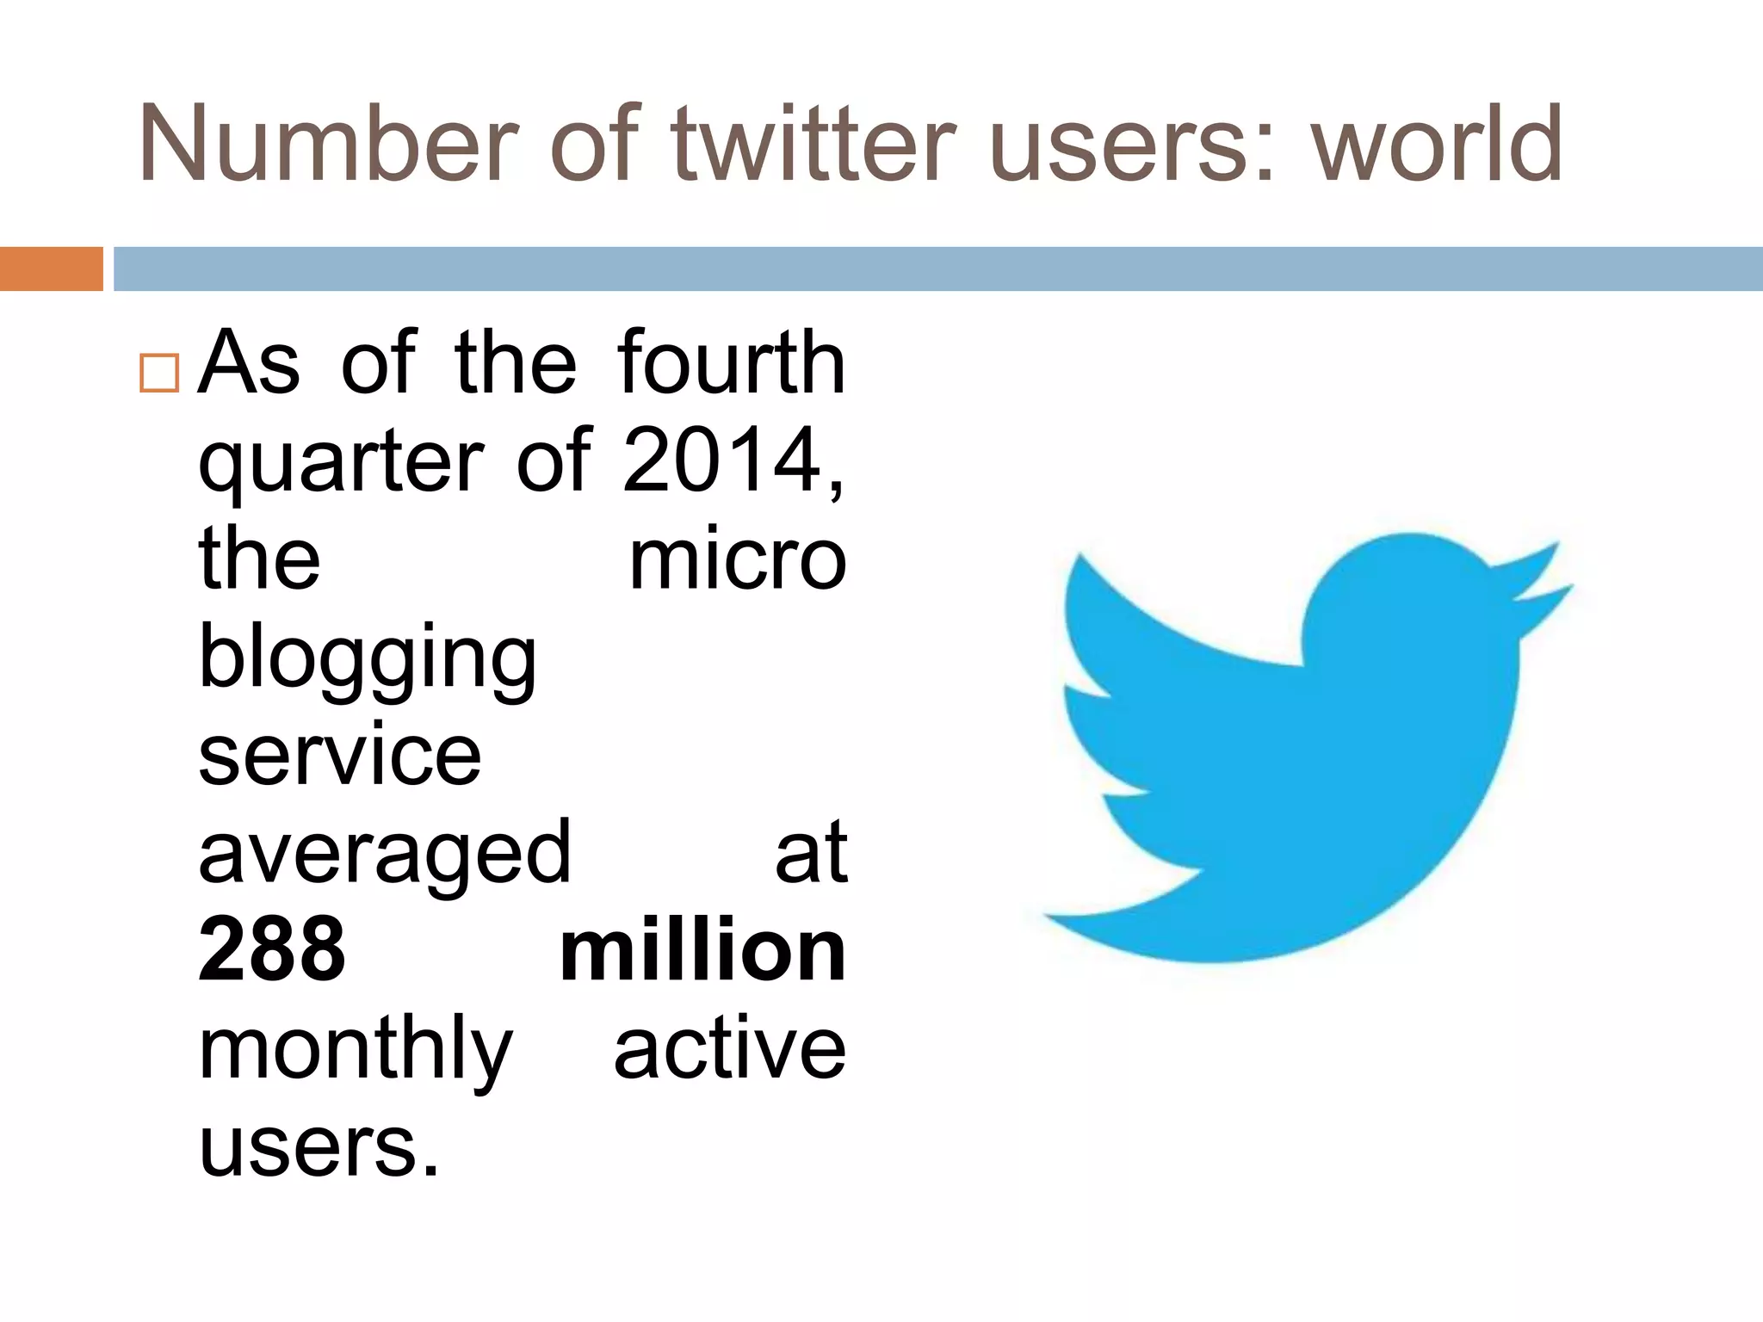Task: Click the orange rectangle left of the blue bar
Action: click(x=51, y=269)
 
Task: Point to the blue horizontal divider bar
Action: click(x=938, y=269)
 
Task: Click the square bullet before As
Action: click(x=159, y=373)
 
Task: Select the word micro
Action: click(x=738, y=561)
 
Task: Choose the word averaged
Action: click(x=385, y=854)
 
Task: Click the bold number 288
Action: click(x=272, y=950)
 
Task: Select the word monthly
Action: click(x=356, y=1050)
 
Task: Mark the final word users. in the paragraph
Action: click(x=319, y=1146)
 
